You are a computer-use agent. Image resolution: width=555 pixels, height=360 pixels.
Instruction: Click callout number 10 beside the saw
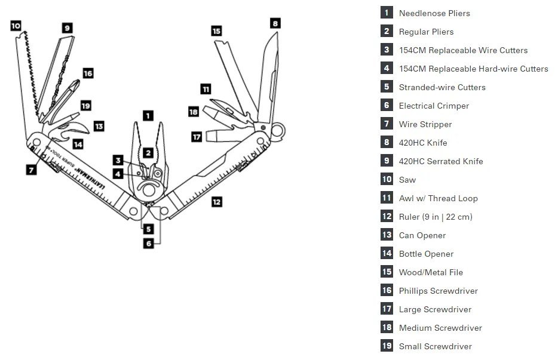16,26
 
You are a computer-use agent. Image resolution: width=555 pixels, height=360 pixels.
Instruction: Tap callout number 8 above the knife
275,23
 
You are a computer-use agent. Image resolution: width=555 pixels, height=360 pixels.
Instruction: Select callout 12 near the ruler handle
216,202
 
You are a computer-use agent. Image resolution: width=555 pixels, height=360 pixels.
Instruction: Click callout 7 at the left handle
31,169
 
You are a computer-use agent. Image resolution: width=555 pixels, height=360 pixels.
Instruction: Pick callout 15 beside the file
216,30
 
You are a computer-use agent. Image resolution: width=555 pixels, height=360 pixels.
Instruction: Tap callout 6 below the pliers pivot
148,243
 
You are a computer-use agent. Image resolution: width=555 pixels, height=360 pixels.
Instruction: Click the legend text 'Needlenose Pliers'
434,13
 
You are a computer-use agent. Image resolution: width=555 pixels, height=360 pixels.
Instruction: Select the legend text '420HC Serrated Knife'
441,161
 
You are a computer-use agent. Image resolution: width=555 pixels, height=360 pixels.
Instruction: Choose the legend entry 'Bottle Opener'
426,254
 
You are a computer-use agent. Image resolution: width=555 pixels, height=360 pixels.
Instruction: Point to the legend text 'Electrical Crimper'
434,106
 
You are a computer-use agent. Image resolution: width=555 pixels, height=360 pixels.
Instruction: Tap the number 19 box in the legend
387,346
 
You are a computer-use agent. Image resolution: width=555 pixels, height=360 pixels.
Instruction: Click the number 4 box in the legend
387,69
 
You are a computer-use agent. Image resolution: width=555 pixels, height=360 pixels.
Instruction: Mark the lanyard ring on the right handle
278,130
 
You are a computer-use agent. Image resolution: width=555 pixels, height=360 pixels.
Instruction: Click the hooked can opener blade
81,127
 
